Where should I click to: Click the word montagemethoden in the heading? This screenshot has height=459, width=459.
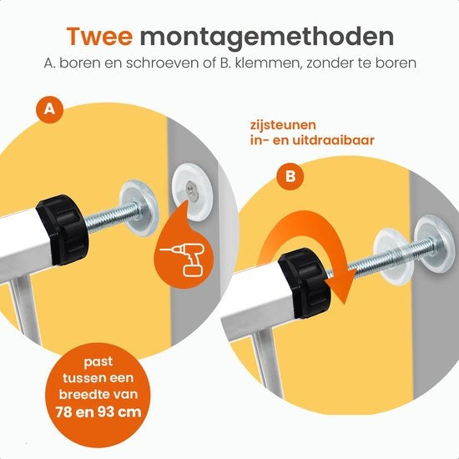click(267, 37)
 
